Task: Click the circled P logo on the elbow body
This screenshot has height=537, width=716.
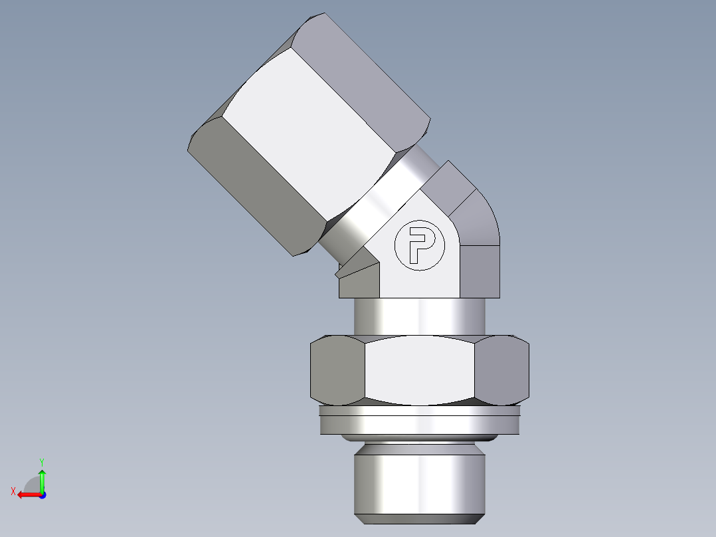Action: (x=417, y=245)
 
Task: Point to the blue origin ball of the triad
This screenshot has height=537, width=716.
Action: (x=42, y=494)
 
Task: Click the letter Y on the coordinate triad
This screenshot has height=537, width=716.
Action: (x=42, y=461)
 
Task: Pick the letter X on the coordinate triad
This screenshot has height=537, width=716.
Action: (x=13, y=491)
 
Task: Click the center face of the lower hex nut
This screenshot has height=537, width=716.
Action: (x=420, y=370)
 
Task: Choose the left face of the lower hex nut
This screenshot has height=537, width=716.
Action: (x=337, y=370)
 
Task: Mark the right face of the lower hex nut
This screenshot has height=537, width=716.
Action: (x=502, y=370)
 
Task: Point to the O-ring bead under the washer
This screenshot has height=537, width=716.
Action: (x=420, y=438)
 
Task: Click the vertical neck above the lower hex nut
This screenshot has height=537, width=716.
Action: (x=420, y=316)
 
